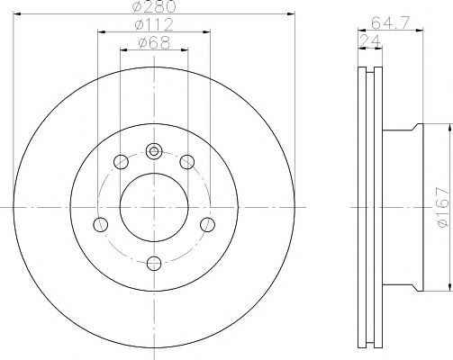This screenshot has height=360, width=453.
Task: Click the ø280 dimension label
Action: pyautogui.click(x=154, y=6)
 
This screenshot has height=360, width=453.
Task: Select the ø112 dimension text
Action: pyautogui.click(x=154, y=24)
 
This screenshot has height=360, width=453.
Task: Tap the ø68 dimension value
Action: pyautogui.click(x=154, y=42)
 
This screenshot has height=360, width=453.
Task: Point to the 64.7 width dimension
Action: pyautogui.click(x=390, y=22)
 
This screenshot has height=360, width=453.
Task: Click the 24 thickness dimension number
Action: pyautogui.click(x=370, y=41)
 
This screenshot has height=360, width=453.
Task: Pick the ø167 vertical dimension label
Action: pyautogui.click(x=443, y=207)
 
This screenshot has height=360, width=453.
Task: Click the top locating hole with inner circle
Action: pyautogui.click(x=154, y=151)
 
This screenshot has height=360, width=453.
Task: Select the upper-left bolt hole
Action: pyautogui.click(x=121, y=162)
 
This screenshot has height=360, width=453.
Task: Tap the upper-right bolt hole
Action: pyautogui.click(x=186, y=162)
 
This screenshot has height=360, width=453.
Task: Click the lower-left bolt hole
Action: pyautogui.click(x=101, y=224)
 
